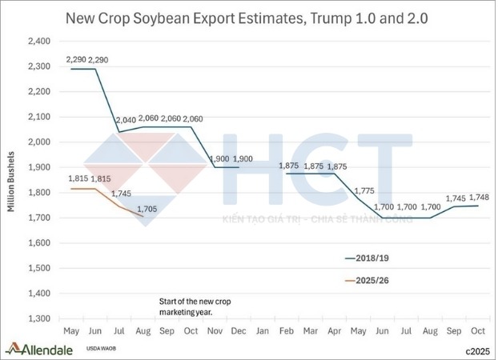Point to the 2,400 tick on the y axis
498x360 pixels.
tap(38, 42)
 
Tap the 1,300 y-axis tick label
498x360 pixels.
tap(38, 318)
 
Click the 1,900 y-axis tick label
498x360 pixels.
tap(38, 167)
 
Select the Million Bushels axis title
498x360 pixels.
tap(12, 180)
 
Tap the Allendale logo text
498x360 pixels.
tap(46, 349)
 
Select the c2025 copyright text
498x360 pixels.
tap(476, 350)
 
